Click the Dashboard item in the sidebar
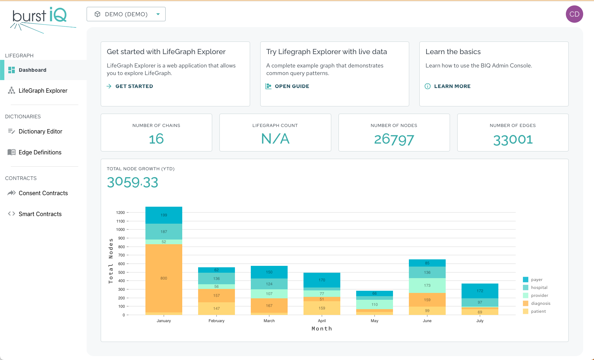point(32,70)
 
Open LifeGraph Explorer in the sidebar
point(43,91)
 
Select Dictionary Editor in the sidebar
point(40,131)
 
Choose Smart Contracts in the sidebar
point(40,214)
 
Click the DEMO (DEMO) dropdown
point(126,14)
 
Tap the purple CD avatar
point(574,14)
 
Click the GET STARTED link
point(134,86)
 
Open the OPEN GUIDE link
point(292,86)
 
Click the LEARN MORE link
point(452,86)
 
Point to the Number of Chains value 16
point(156,139)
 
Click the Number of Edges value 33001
point(512,140)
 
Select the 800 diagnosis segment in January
point(164,278)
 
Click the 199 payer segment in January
point(164,215)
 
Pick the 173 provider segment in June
point(427,285)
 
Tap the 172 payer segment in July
point(480,291)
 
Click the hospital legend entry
point(539,287)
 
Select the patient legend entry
point(538,311)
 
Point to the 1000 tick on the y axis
point(121,229)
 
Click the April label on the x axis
point(322,321)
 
